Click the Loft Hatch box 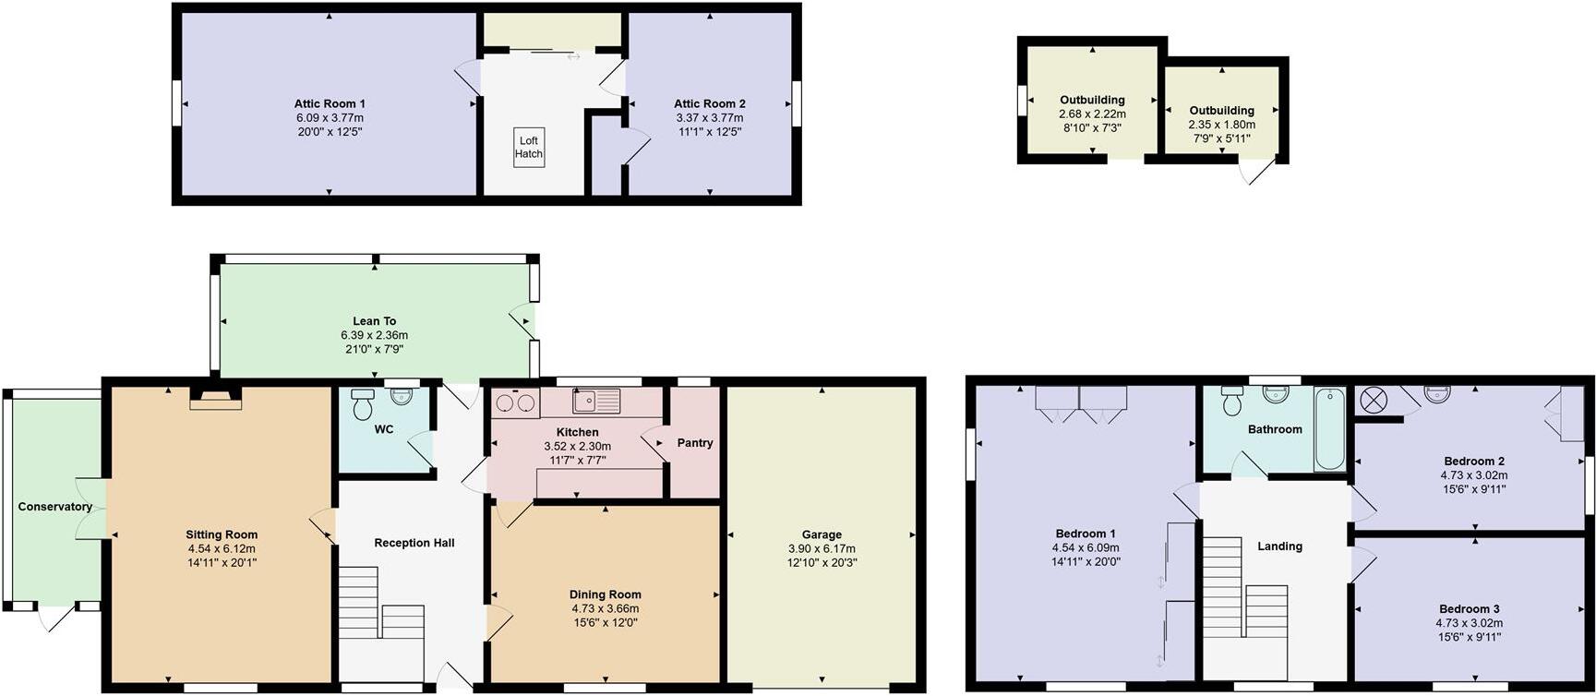[x=529, y=147]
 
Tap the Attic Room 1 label [x=330, y=103]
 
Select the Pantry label [x=694, y=443]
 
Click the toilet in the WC [x=362, y=403]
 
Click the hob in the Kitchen [x=516, y=402]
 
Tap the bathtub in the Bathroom [x=1330, y=429]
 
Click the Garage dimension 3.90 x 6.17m [x=822, y=548]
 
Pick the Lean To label [x=374, y=321]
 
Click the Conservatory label [x=54, y=507]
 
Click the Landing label [x=1279, y=546]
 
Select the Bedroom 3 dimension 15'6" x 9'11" [x=1469, y=637]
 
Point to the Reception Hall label [x=414, y=543]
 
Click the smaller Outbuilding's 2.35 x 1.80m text [x=1221, y=125]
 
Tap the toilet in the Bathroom [x=1232, y=402]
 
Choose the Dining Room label [x=605, y=594]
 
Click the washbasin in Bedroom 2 [x=1438, y=394]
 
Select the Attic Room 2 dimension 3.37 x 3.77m [x=709, y=118]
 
